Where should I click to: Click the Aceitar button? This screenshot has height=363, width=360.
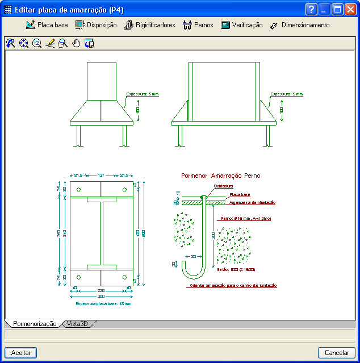coord(20,353)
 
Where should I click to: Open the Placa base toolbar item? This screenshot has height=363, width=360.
coord(47,25)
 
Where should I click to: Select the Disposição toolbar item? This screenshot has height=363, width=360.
coord(96,25)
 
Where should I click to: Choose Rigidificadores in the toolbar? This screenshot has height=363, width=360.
coord(149,25)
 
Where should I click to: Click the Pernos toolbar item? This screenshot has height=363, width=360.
coord(198,25)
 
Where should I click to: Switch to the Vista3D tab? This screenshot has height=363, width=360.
coord(77,324)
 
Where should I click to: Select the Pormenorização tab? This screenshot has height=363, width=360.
coord(34,324)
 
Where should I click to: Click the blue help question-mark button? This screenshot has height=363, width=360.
coord(311,10)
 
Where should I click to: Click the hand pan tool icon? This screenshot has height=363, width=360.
coord(76,43)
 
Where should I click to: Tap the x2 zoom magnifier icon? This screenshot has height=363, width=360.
coord(36,43)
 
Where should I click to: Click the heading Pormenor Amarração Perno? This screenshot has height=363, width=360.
coord(220,176)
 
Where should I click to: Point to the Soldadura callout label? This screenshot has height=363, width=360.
coord(223,186)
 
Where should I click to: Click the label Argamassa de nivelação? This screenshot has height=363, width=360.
coord(252,202)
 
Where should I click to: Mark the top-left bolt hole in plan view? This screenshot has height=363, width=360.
coord(78,190)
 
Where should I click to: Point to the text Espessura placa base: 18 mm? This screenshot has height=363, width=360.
coord(103,304)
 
